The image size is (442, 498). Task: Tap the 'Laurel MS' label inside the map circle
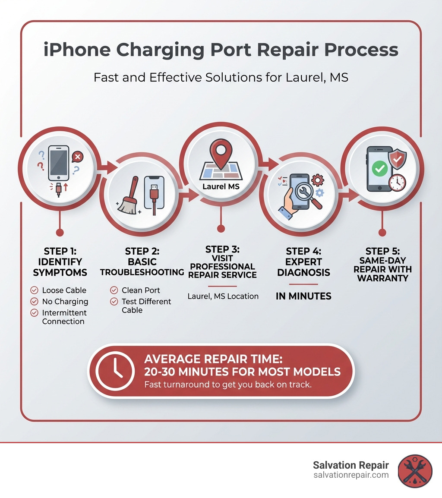[221, 187]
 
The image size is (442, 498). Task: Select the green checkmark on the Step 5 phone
[379, 169]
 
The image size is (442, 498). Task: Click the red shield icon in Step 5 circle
[397, 160]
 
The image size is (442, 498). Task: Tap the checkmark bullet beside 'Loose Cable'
[35, 290]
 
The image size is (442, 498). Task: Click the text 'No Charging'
[65, 302]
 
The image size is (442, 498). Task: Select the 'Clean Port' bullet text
[141, 290]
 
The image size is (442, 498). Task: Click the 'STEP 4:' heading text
[303, 251]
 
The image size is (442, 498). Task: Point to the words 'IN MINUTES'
[303, 296]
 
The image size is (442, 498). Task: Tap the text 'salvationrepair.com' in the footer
[351, 475]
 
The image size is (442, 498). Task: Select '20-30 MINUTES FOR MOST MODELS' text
[242, 371]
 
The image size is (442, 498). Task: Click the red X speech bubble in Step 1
[78, 157]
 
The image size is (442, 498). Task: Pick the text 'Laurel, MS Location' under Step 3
[223, 296]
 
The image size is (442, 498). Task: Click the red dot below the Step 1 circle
[60, 233]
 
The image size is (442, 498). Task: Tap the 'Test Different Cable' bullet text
[146, 306]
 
